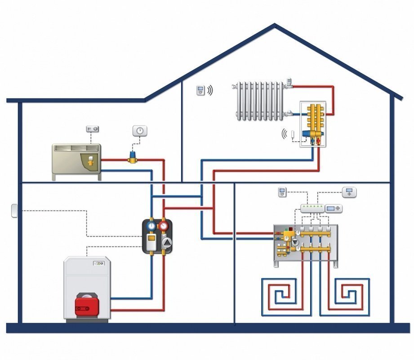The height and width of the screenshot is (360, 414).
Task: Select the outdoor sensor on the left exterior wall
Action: click(13, 210)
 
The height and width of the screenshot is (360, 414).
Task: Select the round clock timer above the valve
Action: click(140, 131)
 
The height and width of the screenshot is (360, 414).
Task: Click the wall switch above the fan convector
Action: click(93, 130)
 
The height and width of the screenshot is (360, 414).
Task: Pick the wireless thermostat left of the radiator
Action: click(200, 90)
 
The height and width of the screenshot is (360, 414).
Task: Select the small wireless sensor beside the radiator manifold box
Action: click(293, 134)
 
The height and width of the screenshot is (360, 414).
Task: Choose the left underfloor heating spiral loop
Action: click(279, 295)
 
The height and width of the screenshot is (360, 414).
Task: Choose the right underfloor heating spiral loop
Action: click(352, 295)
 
